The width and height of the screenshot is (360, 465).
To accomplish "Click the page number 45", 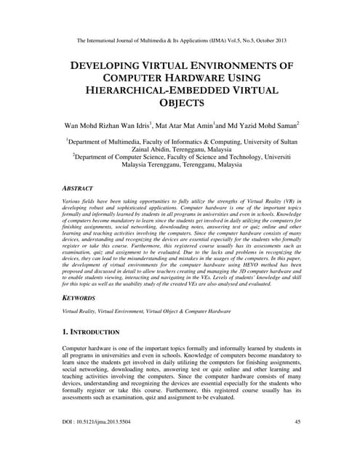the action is pyautogui.click(x=297, y=442).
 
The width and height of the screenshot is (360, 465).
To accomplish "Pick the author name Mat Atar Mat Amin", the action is pyautogui.click(x=192, y=126).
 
